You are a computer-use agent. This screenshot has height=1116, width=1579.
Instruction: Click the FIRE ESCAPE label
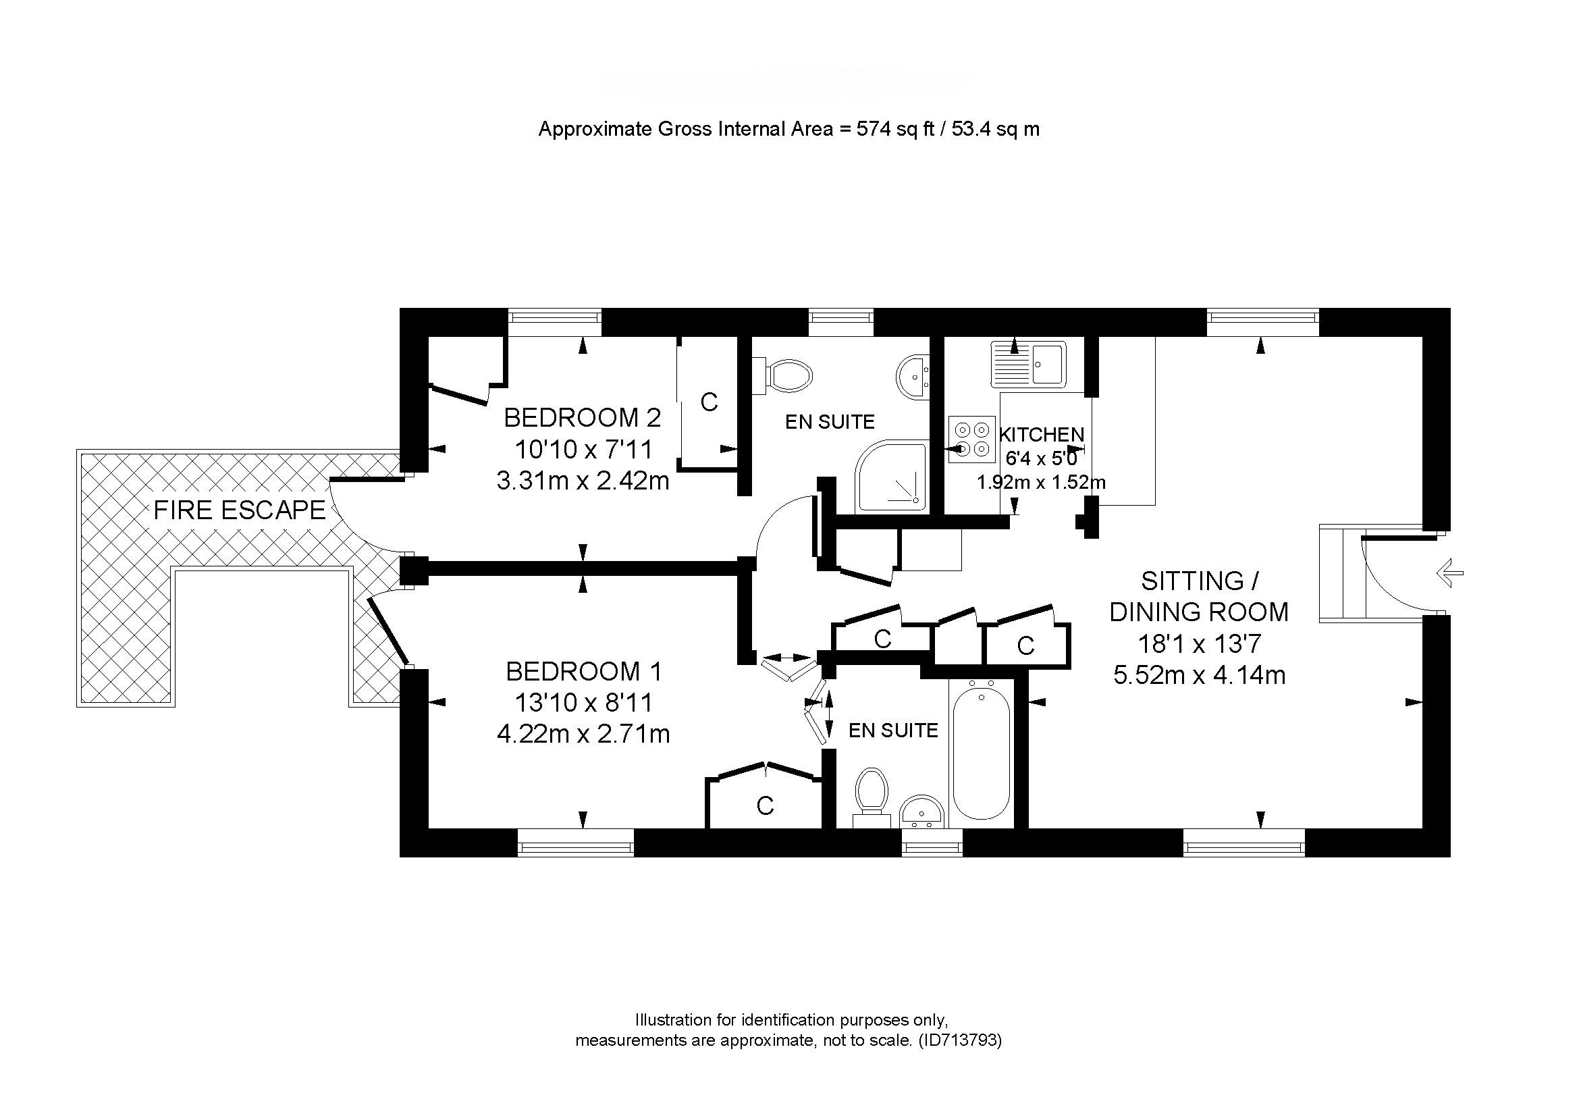[240, 510]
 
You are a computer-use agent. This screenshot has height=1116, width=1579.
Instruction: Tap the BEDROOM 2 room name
[583, 417]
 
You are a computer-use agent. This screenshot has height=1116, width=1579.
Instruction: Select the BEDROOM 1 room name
[583, 671]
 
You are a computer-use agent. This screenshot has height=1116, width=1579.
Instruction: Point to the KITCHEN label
[1041, 435]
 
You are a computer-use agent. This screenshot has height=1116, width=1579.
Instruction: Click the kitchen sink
[1028, 364]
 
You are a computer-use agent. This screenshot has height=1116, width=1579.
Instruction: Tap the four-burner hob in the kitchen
[971, 440]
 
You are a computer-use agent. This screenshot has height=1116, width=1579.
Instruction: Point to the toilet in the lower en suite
[872, 798]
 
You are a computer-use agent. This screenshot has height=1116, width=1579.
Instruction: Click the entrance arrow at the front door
[1449, 573]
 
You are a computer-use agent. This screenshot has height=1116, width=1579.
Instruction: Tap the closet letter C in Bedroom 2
[709, 402]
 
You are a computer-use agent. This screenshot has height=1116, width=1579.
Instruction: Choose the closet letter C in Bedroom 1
[765, 805]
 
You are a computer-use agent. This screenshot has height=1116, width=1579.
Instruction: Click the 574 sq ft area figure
[894, 128]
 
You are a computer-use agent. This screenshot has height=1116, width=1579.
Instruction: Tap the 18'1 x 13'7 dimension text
[1200, 644]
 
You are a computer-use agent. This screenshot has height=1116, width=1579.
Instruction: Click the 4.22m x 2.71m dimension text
[583, 735]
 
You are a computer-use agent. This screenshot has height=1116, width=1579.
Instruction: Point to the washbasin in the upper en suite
[913, 376]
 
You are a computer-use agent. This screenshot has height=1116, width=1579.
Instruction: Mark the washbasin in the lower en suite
[922, 812]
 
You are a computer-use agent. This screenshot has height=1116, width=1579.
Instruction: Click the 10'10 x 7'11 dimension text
[583, 450]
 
